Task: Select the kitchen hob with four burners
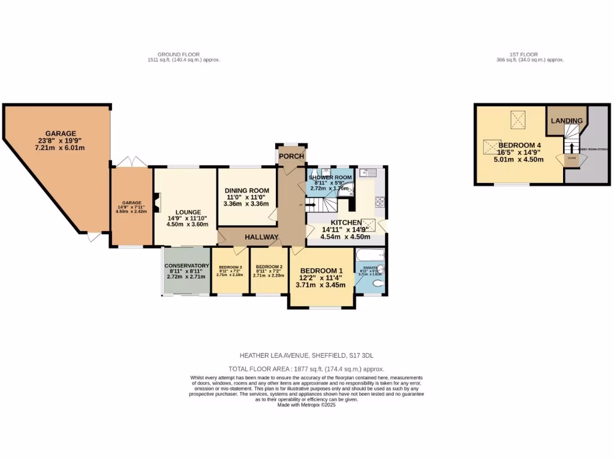(379, 202)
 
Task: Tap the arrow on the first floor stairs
(571, 148)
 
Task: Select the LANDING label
(567, 121)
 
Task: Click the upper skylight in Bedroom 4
(516, 119)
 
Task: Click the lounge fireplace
(157, 202)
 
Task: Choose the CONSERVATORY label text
(186, 266)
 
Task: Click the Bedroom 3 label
(230, 267)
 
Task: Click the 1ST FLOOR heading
(529, 55)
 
